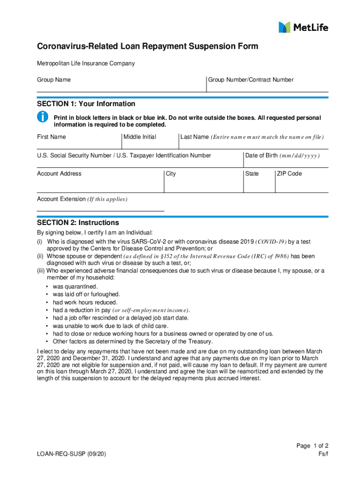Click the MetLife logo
(x=303, y=27)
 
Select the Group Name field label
(x=54, y=80)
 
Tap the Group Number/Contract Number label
(x=251, y=80)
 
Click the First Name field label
(x=51, y=137)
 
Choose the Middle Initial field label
(x=140, y=137)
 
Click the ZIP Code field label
(x=289, y=174)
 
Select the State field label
(x=252, y=174)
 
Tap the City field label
(x=171, y=174)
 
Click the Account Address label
(x=59, y=174)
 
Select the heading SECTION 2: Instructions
(x=78, y=223)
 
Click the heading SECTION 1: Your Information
(x=86, y=104)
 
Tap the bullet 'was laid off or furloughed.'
(x=86, y=295)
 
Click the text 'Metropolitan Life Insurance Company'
(x=86, y=64)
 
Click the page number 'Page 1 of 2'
(x=312, y=446)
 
